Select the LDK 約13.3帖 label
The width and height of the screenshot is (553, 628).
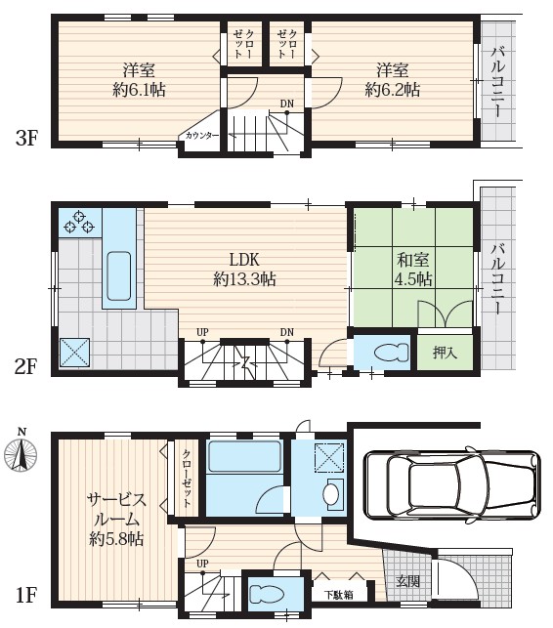click(x=244, y=269)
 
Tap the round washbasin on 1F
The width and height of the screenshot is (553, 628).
click(x=329, y=494)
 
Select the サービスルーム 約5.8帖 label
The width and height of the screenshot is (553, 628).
click(x=116, y=518)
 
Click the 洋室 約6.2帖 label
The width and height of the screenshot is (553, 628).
click(x=393, y=79)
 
